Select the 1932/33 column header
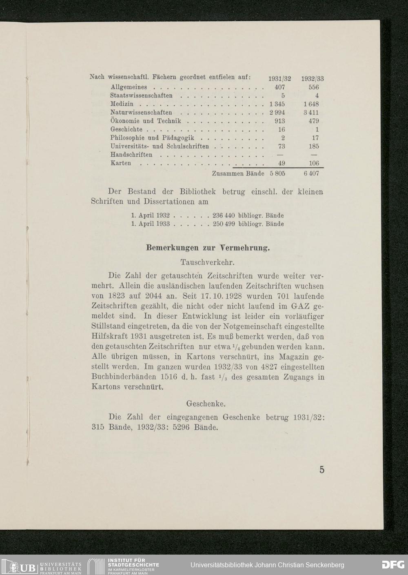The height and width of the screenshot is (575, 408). pyautogui.click(x=313, y=79)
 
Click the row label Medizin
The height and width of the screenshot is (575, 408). pyautogui.click(x=122, y=104)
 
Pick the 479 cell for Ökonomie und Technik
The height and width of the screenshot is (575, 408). pyautogui.click(x=314, y=121)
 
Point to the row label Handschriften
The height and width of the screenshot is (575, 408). pyautogui.click(x=131, y=155)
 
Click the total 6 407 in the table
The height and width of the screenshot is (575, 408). pyautogui.click(x=311, y=173)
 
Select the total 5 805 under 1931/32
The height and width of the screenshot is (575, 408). pyautogui.click(x=277, y=173)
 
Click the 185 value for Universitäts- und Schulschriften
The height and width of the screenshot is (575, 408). pyautogui.click(x=314, y=146)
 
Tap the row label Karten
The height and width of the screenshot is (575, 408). pyautogui.click(x=121, y=163)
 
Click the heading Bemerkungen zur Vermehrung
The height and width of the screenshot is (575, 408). pyautogui.click(x=208, y=248)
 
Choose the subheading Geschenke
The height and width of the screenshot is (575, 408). pyautogui.click(x=206, y=404)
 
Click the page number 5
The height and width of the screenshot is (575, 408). pyautogui.click(x=322, y=470)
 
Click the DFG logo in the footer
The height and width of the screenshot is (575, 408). pyautogui.click(x=393, y=565)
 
